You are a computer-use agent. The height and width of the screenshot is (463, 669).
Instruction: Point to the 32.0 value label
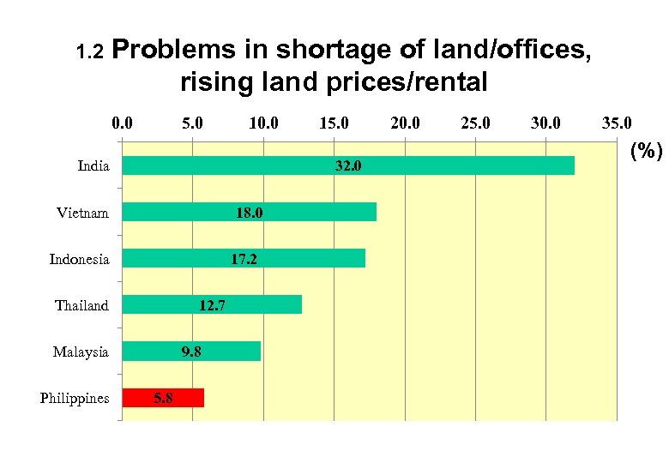(348, 166)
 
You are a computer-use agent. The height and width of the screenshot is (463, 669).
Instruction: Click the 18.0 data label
(250, 213)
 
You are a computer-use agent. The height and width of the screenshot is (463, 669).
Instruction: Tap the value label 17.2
(244, 259)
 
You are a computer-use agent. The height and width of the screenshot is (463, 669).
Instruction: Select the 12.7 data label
(212, 305)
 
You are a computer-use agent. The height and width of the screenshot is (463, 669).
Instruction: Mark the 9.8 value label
(191, 352)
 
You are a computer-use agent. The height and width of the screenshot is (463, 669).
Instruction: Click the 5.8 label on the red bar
(163, 398)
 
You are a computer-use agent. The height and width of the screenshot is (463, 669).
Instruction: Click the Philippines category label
(75, 399)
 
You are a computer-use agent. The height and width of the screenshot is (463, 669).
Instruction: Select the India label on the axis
(93, 166)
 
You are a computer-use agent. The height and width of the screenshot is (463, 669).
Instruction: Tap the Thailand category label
(82, 305)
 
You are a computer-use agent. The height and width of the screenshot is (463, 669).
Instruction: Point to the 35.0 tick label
(616, 123)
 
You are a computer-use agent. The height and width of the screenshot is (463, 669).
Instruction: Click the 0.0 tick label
(123, 123)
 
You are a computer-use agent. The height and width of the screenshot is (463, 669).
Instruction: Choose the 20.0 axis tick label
(405, 123)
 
